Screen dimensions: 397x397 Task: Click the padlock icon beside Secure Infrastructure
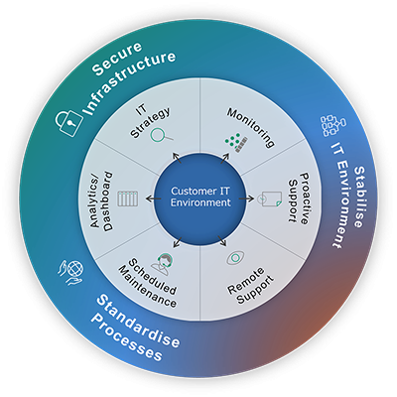pos(68,122)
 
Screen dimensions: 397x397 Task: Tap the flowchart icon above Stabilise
pos(333,126)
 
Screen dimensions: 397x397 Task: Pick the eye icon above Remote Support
pos(235,258)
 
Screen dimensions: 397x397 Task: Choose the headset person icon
pos(163,263)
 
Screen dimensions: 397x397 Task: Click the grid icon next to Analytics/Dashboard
pos(128,198)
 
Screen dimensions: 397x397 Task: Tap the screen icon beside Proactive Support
pos(270,198)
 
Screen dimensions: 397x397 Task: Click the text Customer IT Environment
pos(200,197)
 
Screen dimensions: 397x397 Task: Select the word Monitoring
pos(251,127)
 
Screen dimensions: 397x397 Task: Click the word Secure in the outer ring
pos(117,59)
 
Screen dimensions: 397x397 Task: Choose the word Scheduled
pos(152,277)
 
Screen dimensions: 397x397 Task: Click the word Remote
pos(245,281)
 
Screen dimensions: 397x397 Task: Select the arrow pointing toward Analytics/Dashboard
pos(154,198)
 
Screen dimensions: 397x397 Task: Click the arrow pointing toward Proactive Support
pos(247,198)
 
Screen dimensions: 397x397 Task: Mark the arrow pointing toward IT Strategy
pos(177,158)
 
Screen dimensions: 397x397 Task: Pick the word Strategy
pos(151,122)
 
